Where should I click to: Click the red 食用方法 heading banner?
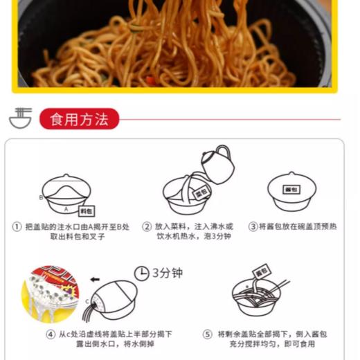tap(79, 119)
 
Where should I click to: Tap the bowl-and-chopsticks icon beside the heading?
tap(20, 118)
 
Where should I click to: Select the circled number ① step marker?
tap(17, 226)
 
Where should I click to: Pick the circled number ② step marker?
tap(147, 226)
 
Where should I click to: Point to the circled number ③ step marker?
tap(253, 226)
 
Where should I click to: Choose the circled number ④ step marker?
tap(51, 334)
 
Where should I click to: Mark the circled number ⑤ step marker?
tap(207, 334)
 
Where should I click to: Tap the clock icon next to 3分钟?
tap(141, 273)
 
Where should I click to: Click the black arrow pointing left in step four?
tap(95, 280)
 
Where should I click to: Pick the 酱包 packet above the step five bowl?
tap(261, 269)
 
